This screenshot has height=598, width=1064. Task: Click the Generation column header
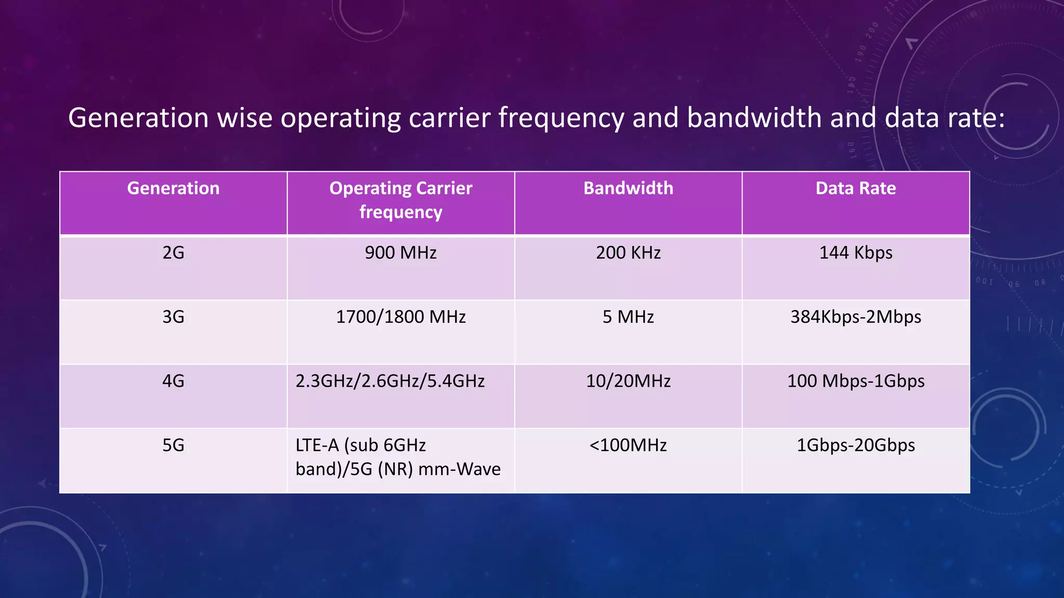(x=173, y=188)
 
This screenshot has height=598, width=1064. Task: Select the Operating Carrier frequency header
(x=401, y=200)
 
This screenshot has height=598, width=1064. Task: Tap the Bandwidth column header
(x=628, y=188)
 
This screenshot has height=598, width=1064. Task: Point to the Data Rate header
(x=856, y=188)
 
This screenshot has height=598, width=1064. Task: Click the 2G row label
(x=173, y=253)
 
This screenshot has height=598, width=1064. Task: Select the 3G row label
(x=173, y=317)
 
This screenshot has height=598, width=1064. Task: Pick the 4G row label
(x=173, y=382)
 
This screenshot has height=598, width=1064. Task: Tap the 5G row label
(x=173, y=445)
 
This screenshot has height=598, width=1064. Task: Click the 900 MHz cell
(x=401, y=253)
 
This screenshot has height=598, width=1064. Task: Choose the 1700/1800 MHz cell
(x=401, y=317)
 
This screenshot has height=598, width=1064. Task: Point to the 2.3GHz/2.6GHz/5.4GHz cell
(x=390, y=382)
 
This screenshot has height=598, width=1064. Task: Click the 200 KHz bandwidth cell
(x=628, y=253)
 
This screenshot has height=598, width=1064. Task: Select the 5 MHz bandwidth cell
(x=628, y=317)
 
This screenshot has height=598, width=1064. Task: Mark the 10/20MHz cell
(x=628, y=382)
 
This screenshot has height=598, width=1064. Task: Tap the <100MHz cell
(x=628, y=445)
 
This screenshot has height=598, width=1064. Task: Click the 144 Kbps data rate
(x=856, y=253)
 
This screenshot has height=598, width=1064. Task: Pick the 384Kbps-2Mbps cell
(x=856, y=317)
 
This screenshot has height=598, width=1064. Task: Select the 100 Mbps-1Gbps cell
(x=856, y=382)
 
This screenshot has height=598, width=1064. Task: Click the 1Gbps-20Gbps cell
(x=856, y=445)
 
